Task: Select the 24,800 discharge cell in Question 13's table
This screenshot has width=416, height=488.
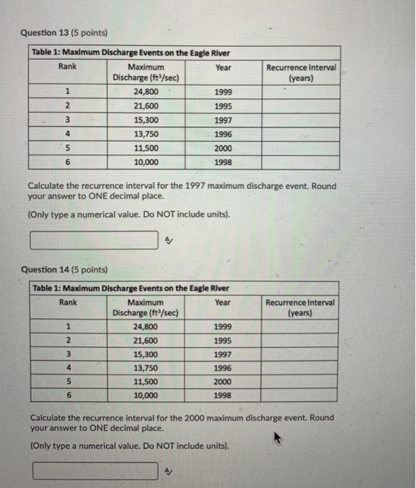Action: point(146,91)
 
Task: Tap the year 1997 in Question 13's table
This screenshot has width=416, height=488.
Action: point(223,120)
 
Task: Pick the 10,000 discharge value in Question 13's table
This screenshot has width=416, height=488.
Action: point(146,162)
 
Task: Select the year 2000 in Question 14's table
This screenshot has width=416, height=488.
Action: point(223,381)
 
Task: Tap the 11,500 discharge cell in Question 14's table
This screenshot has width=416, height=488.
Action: point(146,381)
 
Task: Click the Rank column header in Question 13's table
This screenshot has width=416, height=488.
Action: point(68,67)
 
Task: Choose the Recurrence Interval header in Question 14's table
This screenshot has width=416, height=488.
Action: point(300,307)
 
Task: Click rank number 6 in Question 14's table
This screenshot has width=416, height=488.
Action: point(68,395)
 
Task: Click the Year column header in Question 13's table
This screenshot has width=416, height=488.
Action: point(223,68)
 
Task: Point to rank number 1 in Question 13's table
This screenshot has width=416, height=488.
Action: point(68,91)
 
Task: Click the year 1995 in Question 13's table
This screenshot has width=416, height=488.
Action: point(223,106)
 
